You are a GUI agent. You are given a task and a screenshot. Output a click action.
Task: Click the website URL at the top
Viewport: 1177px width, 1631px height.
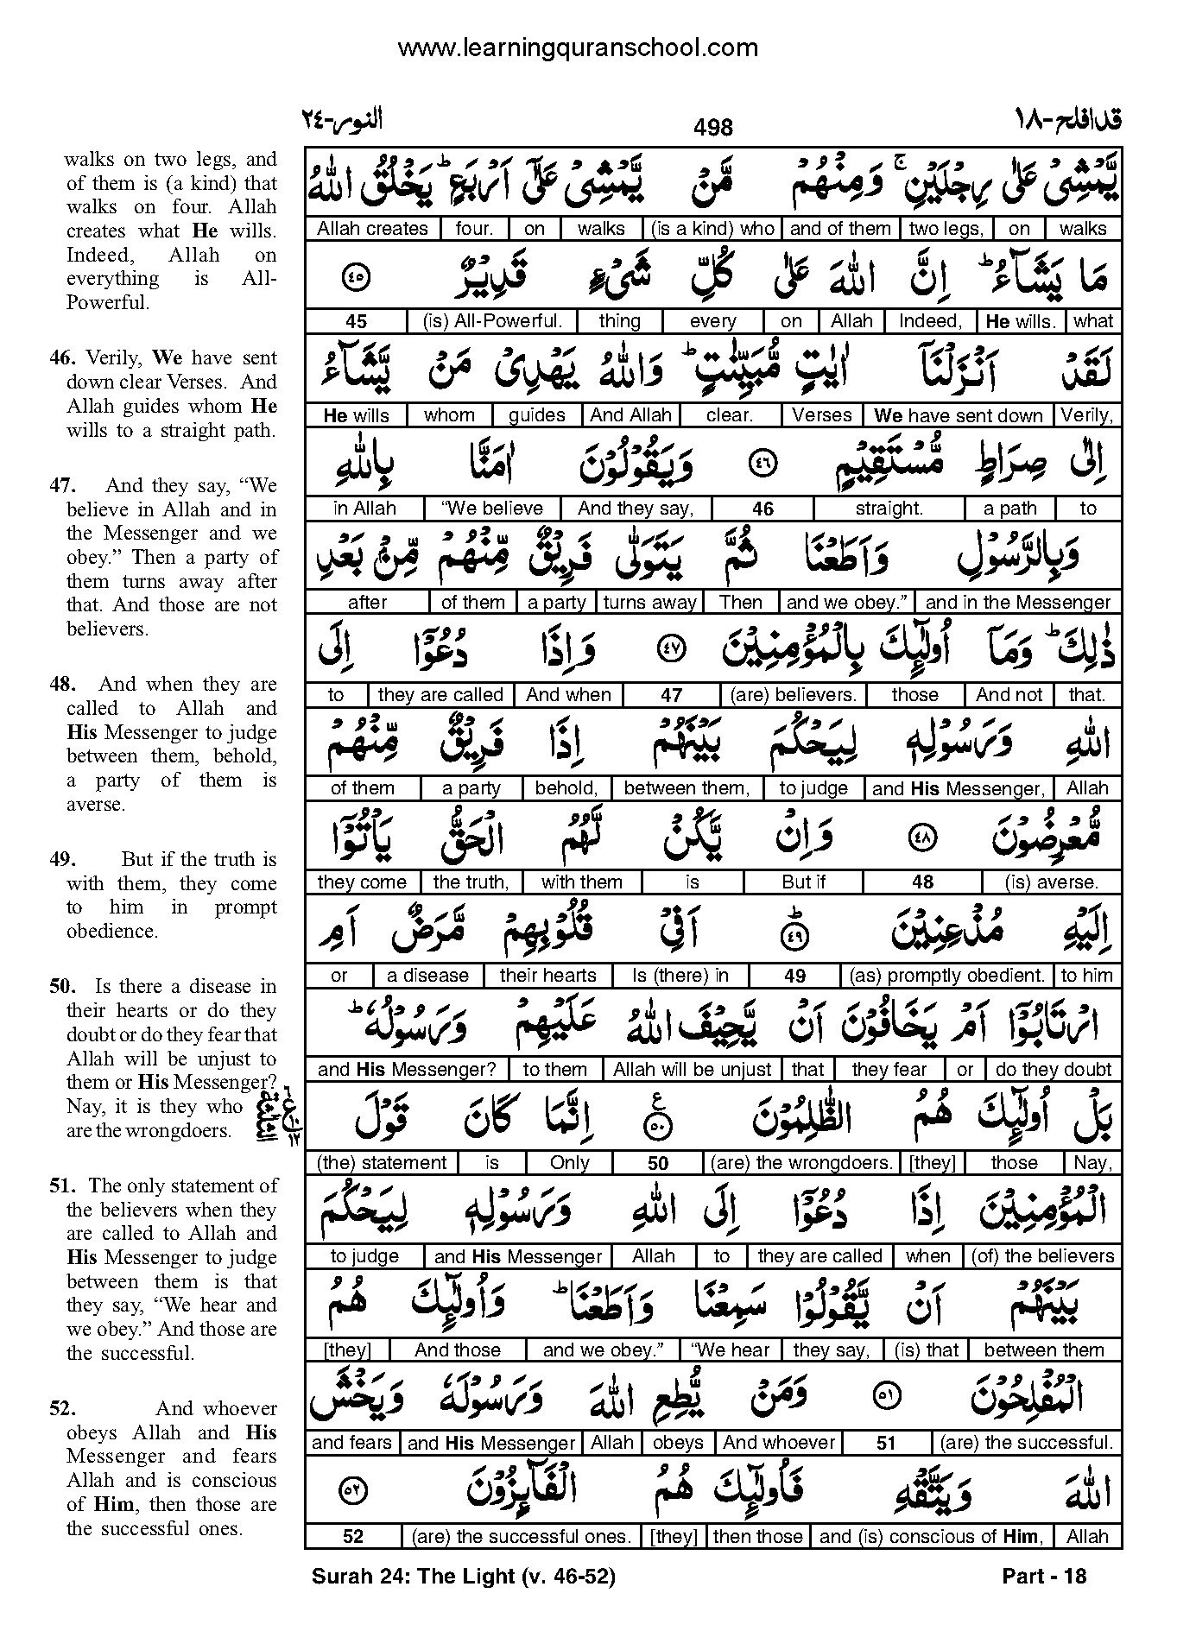tap(577, 48)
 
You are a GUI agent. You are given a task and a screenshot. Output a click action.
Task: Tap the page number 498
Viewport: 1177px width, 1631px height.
tap(712, 128)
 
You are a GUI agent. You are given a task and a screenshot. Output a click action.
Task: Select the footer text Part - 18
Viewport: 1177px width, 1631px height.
tap(1044, 1577)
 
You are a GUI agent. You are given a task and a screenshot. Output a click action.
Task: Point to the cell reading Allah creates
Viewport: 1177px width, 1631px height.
tap(372, 229)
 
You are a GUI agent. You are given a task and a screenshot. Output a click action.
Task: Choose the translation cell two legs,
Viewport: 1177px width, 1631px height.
tap(946, 229)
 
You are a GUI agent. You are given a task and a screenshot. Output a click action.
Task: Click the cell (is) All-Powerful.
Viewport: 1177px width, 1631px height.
tap(492, 322)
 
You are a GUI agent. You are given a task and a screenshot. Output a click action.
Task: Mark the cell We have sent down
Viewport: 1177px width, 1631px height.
tap(959, 415)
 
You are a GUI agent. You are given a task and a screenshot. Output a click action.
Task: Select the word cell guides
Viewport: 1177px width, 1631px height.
tap(536, 415)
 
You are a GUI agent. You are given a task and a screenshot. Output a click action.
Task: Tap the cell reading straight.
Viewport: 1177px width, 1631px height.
tap(889, 509)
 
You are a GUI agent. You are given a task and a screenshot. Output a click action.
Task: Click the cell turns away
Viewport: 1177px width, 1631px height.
tap(650, 603)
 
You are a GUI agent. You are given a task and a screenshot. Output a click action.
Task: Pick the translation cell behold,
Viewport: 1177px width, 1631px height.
tap(566, 788)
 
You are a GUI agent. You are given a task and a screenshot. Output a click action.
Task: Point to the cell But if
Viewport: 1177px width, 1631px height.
tap(803, 882)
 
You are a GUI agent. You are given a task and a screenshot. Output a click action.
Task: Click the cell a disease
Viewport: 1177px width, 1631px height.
tap(427, 976)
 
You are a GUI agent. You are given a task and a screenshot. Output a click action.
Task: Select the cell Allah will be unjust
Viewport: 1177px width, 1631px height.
tap(692, 1070)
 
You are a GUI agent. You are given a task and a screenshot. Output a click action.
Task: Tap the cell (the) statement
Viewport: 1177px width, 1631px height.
tap(382, 1163)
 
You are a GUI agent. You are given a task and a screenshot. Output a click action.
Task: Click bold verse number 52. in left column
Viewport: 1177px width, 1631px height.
tap(60, 1408)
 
